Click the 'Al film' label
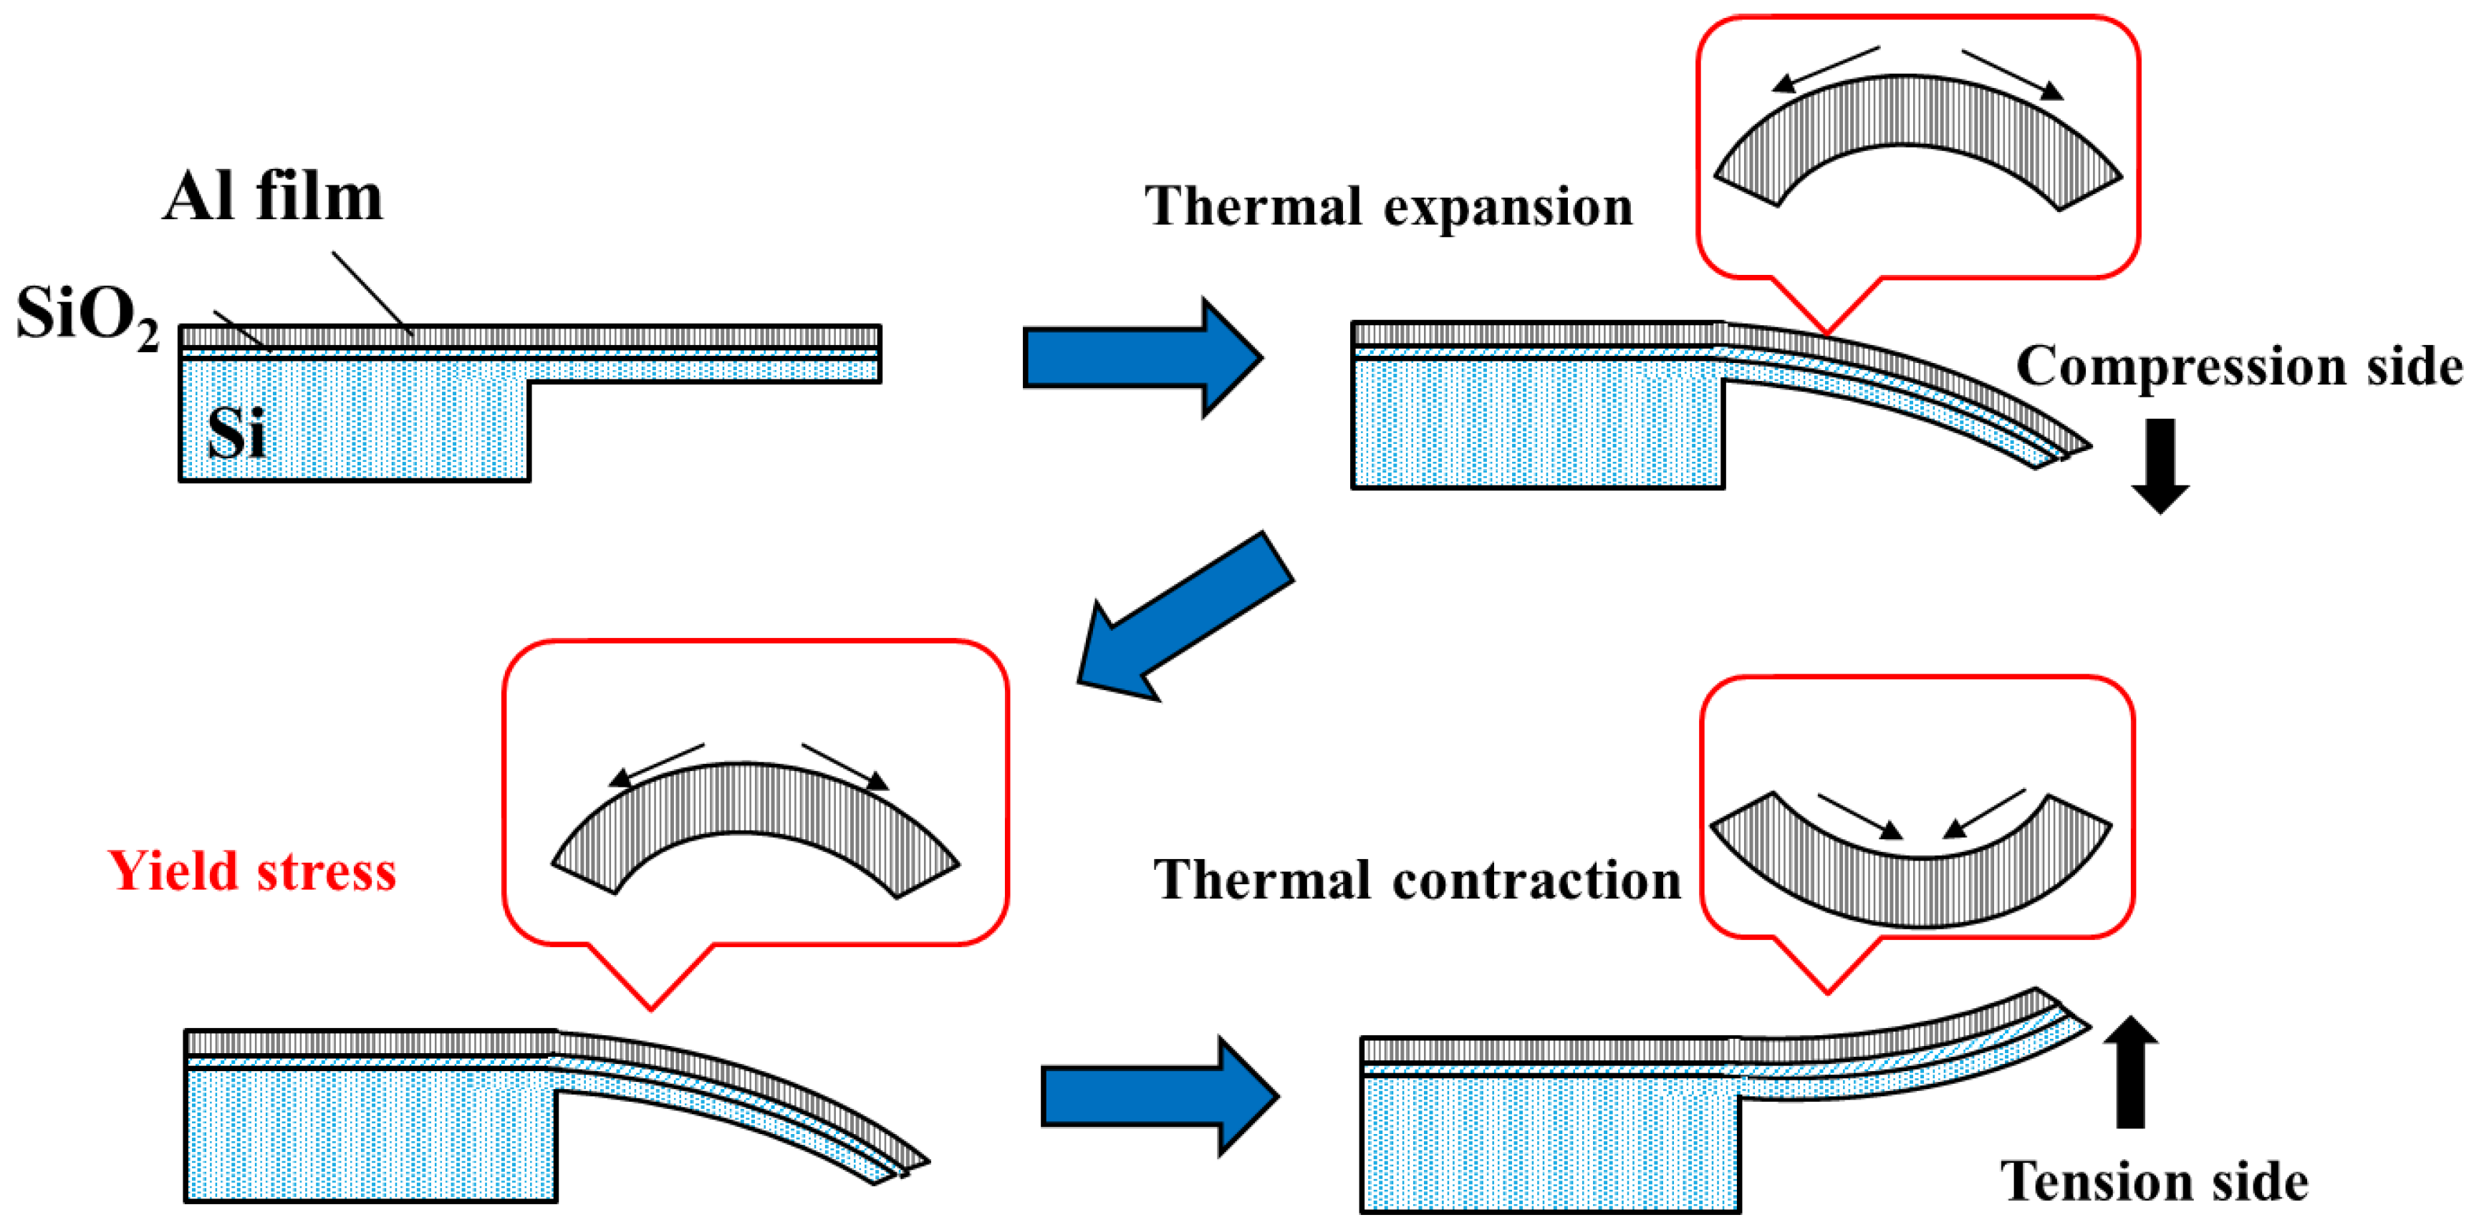pyautogui.click(x=273, y=197)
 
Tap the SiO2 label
pyautogui.click(x=87, y=315)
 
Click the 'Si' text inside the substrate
pyautogui.click(x=236, y=433)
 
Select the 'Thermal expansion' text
pyautogui.click(x=1388, y=206)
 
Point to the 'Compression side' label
pyautogui.click(x=2238, y=366)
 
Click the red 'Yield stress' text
pyautogui.click(x=251, y=871)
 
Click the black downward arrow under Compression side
pyautogui.click(x=2160, y=465)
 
